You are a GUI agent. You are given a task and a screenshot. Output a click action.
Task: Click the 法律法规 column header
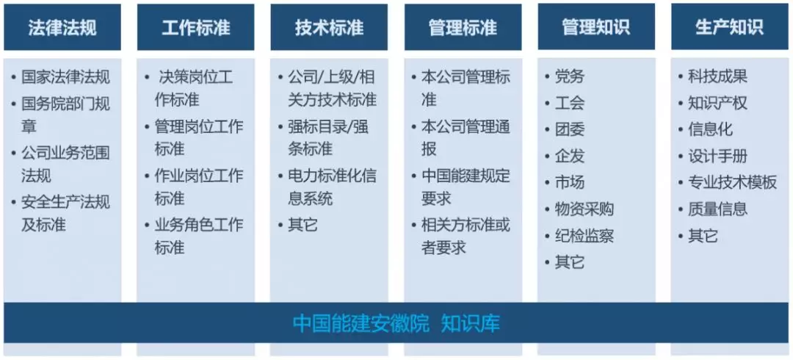(62, 27)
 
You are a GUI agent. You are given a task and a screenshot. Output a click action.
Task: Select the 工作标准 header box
(196, 27)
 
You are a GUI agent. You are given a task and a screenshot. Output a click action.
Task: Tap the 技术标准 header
(329, 27)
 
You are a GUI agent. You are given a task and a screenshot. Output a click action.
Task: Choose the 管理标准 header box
(463, 27)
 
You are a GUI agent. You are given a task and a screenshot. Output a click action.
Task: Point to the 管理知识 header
(596, 27)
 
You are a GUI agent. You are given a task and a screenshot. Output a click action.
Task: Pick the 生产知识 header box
(730, 27)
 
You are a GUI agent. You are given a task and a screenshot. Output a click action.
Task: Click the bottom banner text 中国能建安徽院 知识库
(396, 323)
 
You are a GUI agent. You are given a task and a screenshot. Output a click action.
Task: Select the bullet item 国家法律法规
(66, 77)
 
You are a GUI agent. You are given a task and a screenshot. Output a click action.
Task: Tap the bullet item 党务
(570, 76)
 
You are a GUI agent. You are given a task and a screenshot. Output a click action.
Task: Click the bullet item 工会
(570, 103)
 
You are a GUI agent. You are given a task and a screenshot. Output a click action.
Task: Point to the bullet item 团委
(570, 129)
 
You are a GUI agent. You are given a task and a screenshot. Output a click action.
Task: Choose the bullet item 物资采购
(584, 209)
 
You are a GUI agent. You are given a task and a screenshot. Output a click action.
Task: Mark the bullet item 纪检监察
(584, 236)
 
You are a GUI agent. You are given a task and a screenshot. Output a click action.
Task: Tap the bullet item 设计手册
(717, 156)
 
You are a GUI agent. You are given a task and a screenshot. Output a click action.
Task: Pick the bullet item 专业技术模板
(732, 182)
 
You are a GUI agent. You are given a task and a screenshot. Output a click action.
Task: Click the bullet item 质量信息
(717, 209)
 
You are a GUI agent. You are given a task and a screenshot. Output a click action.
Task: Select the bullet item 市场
(570, 182)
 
